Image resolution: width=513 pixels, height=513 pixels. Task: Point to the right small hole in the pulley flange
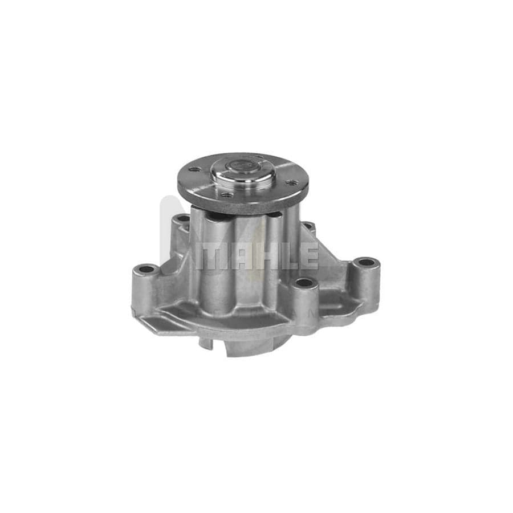tap(291, 183)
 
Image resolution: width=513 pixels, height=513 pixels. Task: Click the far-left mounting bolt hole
tap(146, 268)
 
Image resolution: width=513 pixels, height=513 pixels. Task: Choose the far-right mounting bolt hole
tap(365, 263)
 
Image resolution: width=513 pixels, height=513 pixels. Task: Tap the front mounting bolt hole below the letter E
tap(304, 283)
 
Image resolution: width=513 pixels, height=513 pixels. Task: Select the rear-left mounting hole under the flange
tap(182, 219)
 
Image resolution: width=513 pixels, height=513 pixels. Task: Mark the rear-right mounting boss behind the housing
tap(308, 226)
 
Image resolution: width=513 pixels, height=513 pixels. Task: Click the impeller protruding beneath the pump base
tap(251, 345)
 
